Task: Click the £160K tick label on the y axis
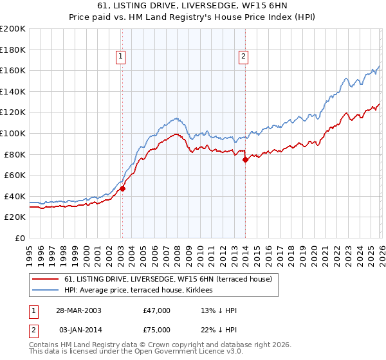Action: (x=13, y=70)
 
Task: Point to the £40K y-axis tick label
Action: (x=15, y=196)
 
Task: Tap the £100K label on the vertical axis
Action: (x=13, y=133)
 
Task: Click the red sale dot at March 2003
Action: (x=122, y=188)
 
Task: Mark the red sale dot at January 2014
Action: (x=245, y=159)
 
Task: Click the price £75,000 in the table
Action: (x=157, y=329)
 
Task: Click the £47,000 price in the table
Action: (x=157, y=310)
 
